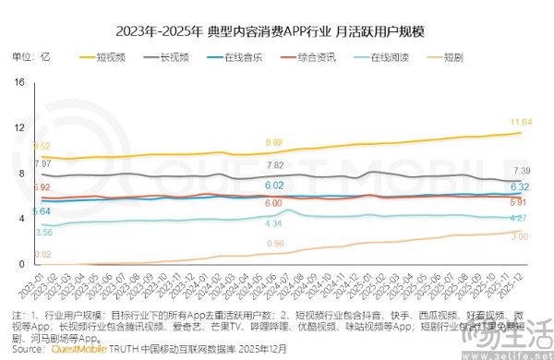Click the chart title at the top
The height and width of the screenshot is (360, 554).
point(277,30)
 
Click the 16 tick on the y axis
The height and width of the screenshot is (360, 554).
point(18,83)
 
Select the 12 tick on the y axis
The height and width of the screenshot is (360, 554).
point(18,128)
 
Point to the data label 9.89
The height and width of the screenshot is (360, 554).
point(274,142)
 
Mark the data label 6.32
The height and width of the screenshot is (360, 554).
point(519,186)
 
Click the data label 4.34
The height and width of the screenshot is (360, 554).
point(274,224)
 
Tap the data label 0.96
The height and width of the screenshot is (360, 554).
point(274,244)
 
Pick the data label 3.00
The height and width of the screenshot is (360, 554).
point(519,237)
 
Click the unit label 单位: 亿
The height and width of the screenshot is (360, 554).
point(31,57)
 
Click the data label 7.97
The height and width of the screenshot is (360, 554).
point(42,163)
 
